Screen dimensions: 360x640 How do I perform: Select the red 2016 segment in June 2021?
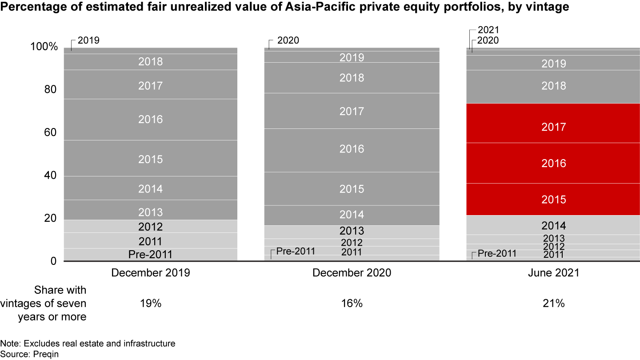553,163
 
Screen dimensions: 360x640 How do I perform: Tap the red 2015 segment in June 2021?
553,199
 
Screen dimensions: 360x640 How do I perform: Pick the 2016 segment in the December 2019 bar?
151,119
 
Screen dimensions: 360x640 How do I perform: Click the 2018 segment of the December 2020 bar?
352,78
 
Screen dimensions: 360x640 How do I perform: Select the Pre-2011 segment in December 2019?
151,255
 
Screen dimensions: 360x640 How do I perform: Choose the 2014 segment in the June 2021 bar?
553,225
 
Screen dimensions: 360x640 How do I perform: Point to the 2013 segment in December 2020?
352,231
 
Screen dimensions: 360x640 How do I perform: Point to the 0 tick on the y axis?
53,261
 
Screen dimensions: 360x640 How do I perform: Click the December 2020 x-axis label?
352,273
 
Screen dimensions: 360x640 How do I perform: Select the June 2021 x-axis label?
553,273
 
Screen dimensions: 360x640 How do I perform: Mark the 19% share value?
151,304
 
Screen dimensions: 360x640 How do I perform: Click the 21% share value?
553,304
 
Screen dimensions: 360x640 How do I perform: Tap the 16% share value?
352,304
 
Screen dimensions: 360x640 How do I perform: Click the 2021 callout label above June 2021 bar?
488,30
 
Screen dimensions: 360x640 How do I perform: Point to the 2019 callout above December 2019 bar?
88,40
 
